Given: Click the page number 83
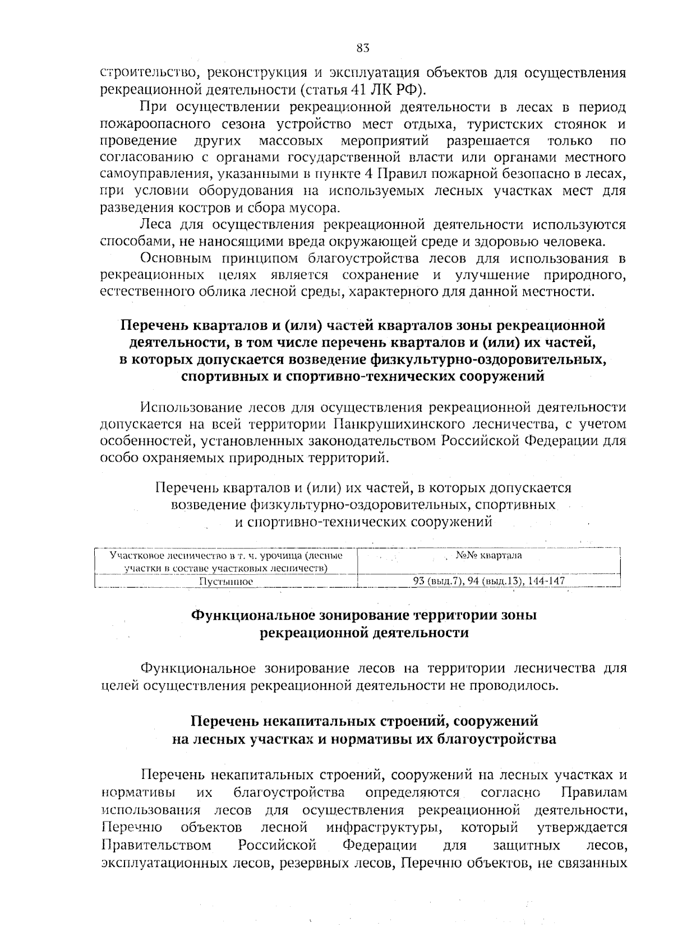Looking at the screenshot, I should click(362, 48).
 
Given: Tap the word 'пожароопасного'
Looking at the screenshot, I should click(148, 124).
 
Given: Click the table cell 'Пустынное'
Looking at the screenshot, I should click(226, 582).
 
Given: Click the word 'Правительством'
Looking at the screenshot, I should click(156, 845).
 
